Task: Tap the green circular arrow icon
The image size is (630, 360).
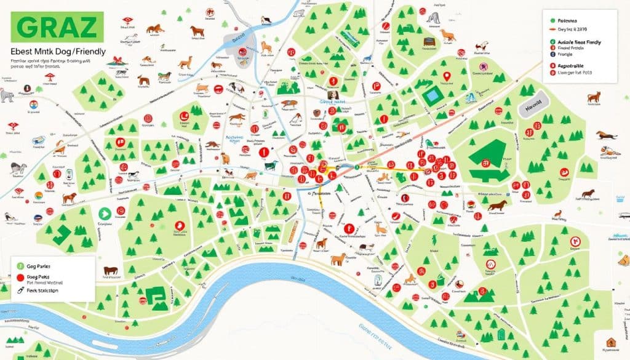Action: (x=103, y=214)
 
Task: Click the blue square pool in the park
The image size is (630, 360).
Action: (x=433, y=95)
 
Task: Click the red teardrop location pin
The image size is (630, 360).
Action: (x=447, y=77)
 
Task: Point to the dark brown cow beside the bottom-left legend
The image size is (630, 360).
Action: (x=111, y=270)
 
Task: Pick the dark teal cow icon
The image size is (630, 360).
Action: (x=270, y=166)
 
